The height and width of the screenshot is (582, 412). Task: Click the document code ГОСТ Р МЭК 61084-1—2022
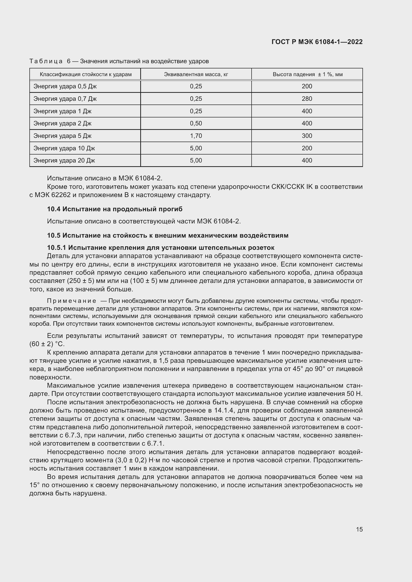[x=317, y=42]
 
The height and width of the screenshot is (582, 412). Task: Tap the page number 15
[x=359, y=529]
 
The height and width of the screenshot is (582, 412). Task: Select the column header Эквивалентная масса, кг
[x=196, y=74]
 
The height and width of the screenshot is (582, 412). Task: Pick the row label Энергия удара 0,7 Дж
[x=65, y=99]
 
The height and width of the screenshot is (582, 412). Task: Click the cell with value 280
[x=307, y=99]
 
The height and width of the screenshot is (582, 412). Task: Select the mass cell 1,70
[x=196, y=136]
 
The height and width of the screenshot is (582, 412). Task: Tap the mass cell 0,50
[x=196, y=123]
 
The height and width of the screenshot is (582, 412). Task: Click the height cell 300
[x=307, y=136]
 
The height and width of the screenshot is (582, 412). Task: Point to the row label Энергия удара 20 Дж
[x=64, y=160]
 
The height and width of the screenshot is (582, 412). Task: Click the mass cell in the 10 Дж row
[x=196, y=148]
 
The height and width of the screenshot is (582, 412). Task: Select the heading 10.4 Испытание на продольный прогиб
[x=115, y=209]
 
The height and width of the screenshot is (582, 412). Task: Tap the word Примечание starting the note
[x=71, y=301]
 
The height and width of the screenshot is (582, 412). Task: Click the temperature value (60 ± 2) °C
[x=47, y=344]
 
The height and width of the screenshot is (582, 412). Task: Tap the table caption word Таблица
[x=46, y=61]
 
